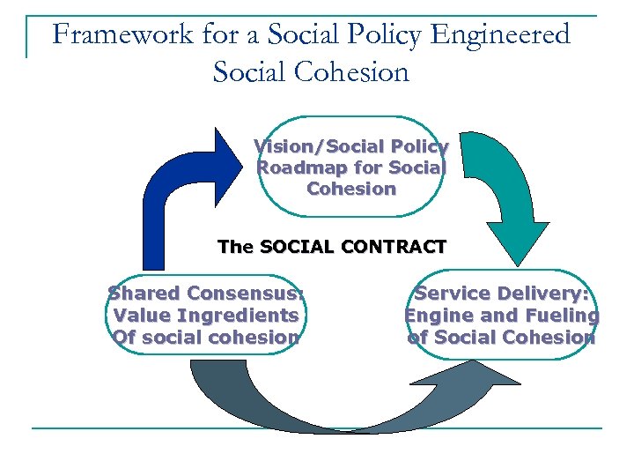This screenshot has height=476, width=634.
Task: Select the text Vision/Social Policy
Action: pos(350,146)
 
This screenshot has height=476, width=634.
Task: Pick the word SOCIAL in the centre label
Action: pos(297,247)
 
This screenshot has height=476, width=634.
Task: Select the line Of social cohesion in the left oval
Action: pos(206,337)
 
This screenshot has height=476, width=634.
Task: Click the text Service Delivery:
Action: pos(502,294)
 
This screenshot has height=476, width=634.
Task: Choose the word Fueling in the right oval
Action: pos(560,315)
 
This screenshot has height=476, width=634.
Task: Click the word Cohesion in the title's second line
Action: pos(355,71)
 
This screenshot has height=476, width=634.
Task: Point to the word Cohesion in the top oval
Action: pos(351,189)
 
